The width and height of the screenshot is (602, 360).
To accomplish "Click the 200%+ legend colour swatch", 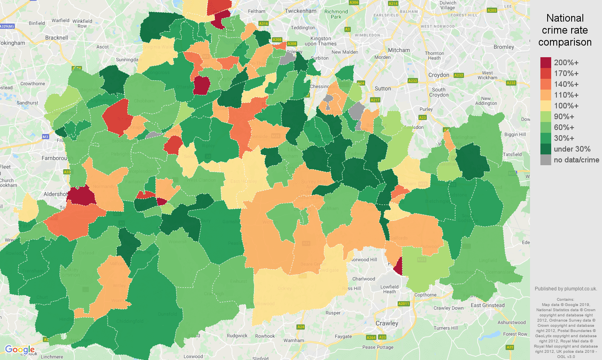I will pos(546,63).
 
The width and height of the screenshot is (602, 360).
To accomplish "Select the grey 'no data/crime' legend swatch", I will pos(546,160).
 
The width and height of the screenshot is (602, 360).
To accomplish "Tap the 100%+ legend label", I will pos(566,106).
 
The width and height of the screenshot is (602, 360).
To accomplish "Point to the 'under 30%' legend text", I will pos(572,149).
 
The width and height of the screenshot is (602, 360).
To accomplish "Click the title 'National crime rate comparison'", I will pos(565,30).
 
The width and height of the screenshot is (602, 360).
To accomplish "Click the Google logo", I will pos(20,350).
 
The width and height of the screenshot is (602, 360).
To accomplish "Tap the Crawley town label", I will pos(387,323).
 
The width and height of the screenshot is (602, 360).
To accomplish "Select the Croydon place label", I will pos(438,75).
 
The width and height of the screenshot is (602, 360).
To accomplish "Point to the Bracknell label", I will pos(56,38).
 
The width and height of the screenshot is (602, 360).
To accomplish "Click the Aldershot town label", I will pos(56,194).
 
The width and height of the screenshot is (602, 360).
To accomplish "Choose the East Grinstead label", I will pos(488,305).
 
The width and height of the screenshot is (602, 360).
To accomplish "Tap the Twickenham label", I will pos(300,11).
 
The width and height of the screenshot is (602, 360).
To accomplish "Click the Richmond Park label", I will pos(336,14).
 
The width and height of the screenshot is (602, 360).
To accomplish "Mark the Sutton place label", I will pos(383,88).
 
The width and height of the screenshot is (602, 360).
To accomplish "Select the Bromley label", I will pos(504,47).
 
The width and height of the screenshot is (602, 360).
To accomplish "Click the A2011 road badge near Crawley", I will pos(404,304).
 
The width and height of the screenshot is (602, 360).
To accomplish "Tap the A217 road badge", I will pos(375,100).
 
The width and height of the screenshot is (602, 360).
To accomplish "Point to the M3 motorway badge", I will pos(45,137).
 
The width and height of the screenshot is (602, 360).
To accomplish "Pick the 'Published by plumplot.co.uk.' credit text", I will pos(566,289).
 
